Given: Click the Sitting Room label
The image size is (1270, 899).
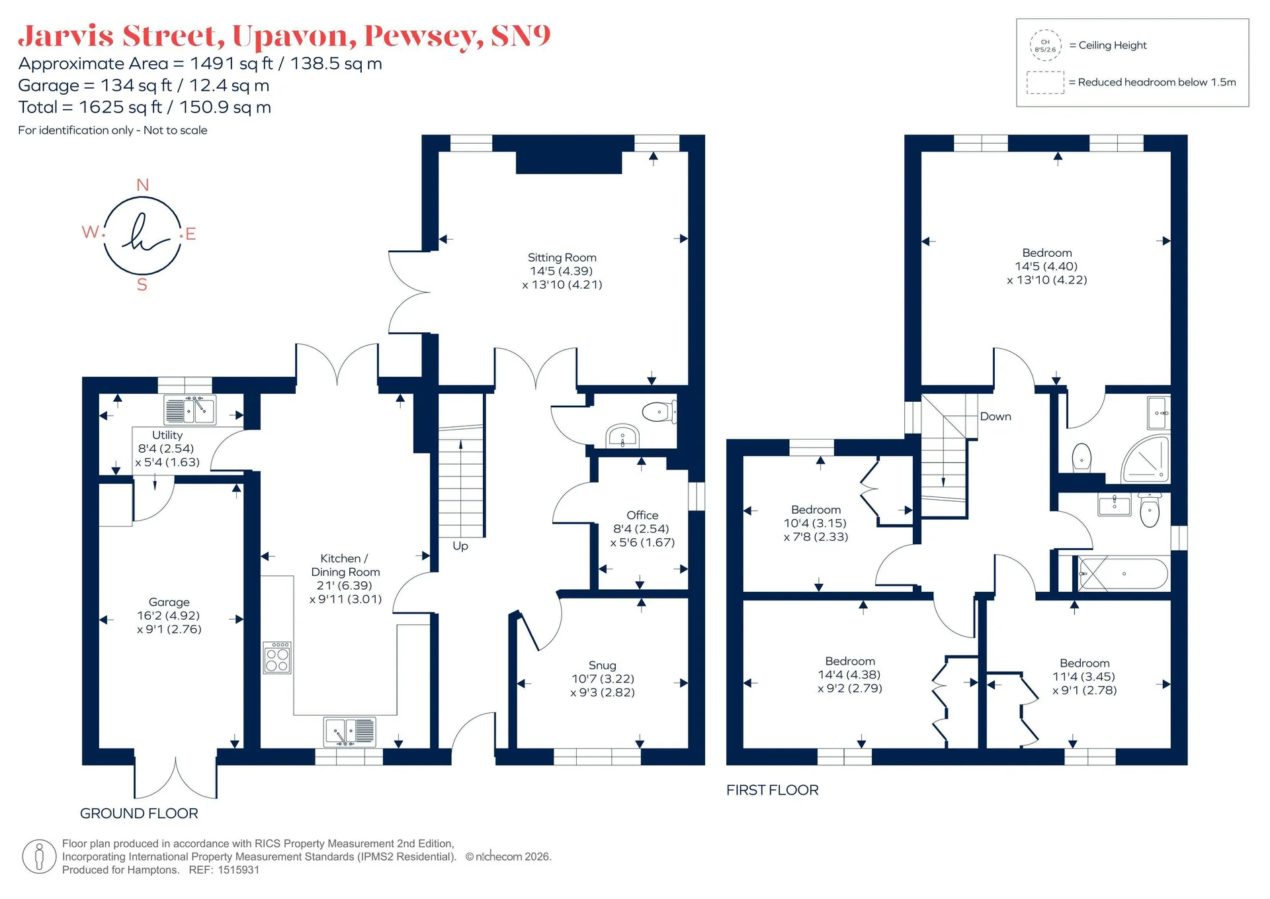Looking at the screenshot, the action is point(562,258).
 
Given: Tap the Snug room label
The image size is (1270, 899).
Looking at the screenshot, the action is point(602,665).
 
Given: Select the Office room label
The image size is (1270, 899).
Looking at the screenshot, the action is point(642,515).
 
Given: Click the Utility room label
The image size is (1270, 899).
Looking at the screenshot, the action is point(167,435).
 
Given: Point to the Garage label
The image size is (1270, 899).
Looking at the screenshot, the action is point(169,602).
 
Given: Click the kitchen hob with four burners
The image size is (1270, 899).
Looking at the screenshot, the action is point(277,657).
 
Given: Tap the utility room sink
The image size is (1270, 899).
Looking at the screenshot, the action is point(190,410).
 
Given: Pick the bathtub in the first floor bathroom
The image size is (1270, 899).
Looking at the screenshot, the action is point(1123,574).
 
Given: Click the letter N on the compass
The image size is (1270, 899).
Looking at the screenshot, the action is point(142,185).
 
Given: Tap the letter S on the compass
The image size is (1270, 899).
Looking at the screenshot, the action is point(142,285).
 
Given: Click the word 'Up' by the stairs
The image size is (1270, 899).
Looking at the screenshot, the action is point(460,546).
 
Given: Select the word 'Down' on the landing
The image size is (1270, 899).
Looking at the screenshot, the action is point(995,416).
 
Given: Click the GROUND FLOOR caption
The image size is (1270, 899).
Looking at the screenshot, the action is point(139,814).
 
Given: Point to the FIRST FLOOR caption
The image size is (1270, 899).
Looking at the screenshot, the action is point(773,790).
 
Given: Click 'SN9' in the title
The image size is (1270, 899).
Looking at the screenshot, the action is point(521,36).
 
